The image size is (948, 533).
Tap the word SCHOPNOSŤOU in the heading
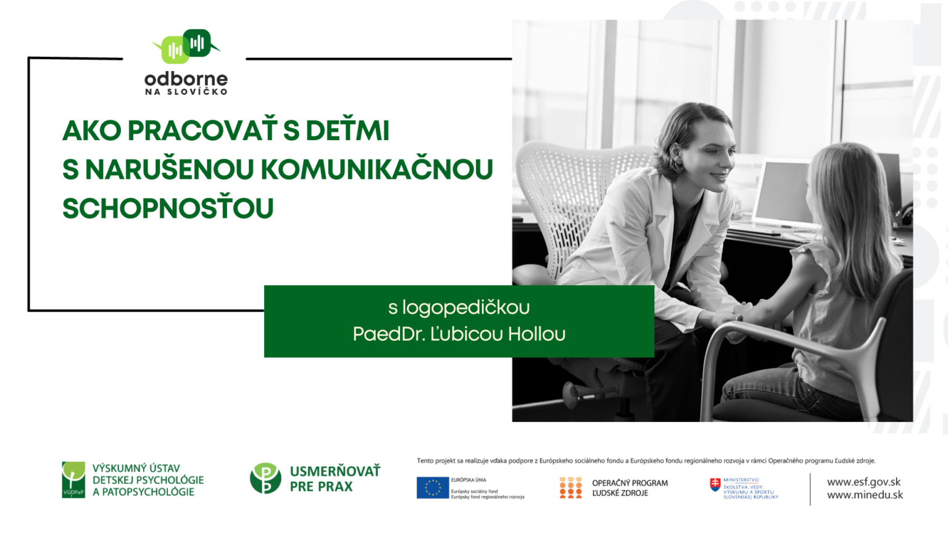tap(168, 209)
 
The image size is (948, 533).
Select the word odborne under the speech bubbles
tap(186, 79)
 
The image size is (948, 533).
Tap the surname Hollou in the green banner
tap(536, 334)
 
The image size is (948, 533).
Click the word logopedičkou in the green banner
tap(466, 307)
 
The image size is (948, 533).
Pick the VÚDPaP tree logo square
tap(73, 479)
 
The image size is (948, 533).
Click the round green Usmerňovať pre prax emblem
tap(265, 478)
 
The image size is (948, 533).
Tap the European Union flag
tap(433, 487)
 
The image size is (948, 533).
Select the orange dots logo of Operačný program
tap(571, 487)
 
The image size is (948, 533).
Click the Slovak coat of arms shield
tap(715, 484)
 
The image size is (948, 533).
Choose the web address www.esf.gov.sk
tap(863, 482)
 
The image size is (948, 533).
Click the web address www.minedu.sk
tap(865, 495)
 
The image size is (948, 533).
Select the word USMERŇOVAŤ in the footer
tap(335, 471)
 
